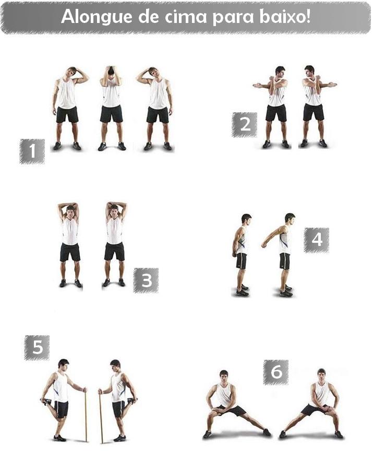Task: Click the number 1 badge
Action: tap(32, 151)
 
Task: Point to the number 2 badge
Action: tap(245, 125)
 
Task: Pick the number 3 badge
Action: tap(146, 280)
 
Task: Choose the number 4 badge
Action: tap(317, 240)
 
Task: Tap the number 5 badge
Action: tap(37, 347)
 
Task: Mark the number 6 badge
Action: tap(276, 372)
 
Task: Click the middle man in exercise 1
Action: tap(111, 108)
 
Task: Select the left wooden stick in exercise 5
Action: tap(86, 415)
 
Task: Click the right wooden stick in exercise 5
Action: tap(101, 416)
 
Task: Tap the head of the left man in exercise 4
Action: tap(246, 219)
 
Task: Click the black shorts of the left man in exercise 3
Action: tap(70, 252)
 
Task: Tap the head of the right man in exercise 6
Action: tap(321, 374)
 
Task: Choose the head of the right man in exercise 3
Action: tap(114, 210)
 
